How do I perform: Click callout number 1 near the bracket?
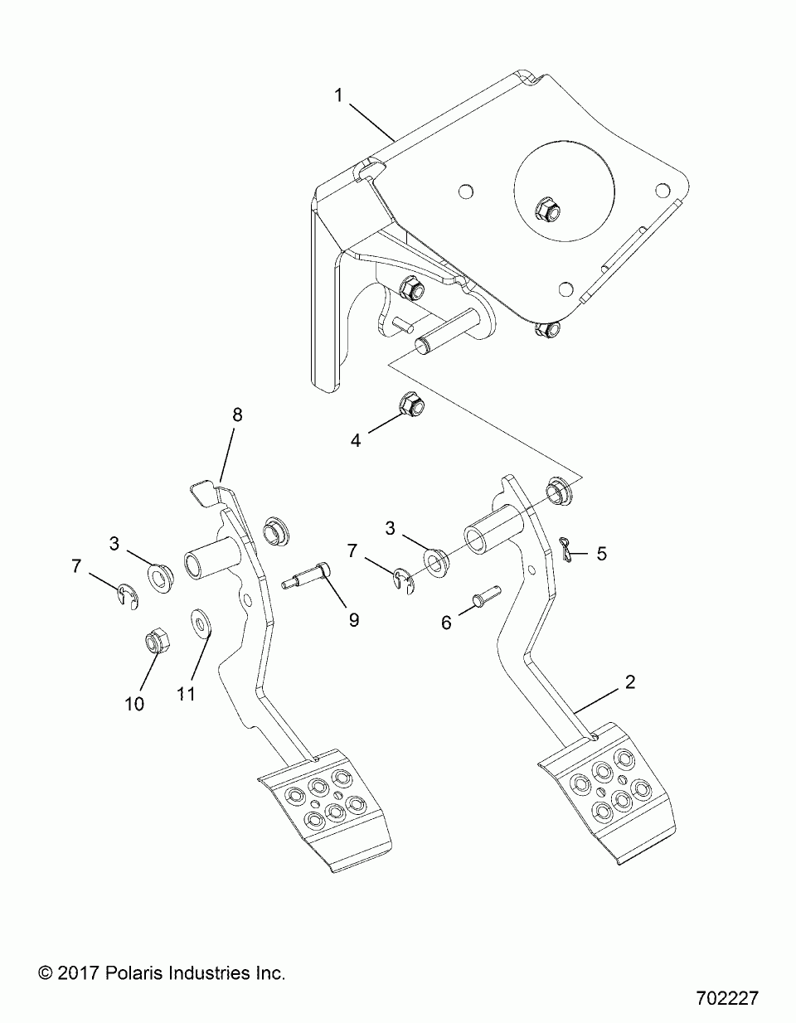coord(338,95)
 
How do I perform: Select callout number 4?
coord(356,441)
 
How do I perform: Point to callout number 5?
coord(601,554)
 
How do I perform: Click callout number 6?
coord(446,623)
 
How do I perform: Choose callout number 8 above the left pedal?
coord(237,415)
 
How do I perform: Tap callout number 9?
coord(353,620)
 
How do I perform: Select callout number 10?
coord(134,717)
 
